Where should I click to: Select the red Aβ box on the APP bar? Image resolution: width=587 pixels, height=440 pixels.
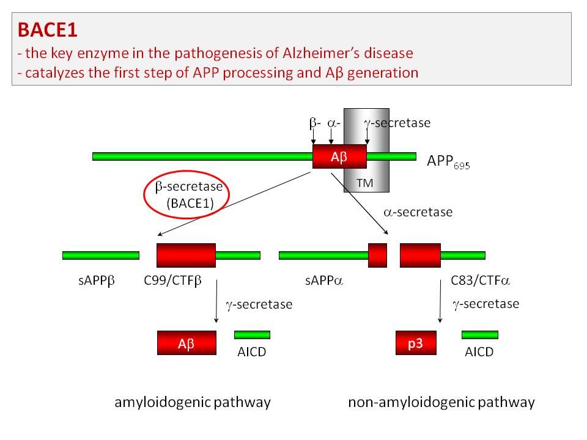(339, 156)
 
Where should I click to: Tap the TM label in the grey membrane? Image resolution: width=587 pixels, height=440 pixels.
(364, 182)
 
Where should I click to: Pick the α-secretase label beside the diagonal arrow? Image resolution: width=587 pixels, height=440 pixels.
(418, 213)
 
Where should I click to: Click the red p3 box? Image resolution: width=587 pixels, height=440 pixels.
(415, 343)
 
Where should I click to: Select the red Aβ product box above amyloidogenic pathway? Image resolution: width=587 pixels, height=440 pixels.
(186, 343)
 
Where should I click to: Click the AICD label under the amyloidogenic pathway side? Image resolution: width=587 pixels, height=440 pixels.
(251, 352)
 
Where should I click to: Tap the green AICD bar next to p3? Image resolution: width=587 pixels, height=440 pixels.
(479, 334)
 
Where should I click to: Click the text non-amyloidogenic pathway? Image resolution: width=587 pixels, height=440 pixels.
(441, 402)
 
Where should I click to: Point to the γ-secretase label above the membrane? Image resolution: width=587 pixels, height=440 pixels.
(397, 123)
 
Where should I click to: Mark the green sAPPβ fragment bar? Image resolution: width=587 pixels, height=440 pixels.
(101, 255)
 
